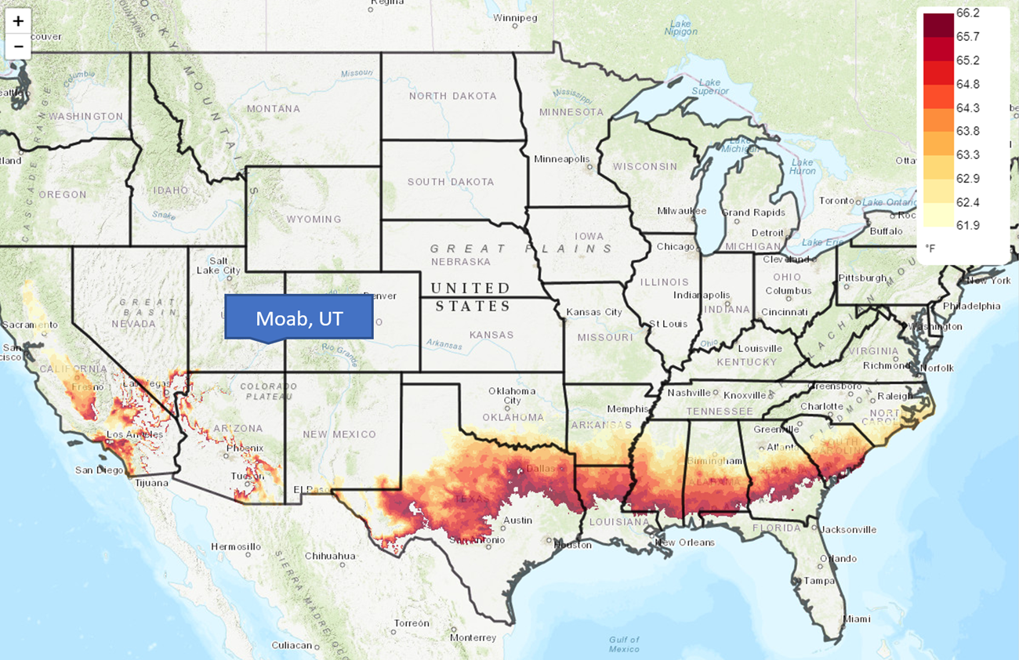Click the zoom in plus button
point(18,21)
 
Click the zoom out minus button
point(18,47)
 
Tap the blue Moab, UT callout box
point(299,318)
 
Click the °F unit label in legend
point(930,248)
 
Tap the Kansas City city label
point(593,312)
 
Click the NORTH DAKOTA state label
point(452,96)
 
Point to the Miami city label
point(857,618)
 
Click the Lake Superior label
point(709,87)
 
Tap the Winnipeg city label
point(515,16)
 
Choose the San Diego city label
point(99,470)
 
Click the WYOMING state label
point(314,219)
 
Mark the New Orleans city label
point(685,542)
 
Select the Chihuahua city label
point(330,556)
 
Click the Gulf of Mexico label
point(625,644)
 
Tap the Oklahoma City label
point(512,396)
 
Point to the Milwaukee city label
point(682,211)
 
